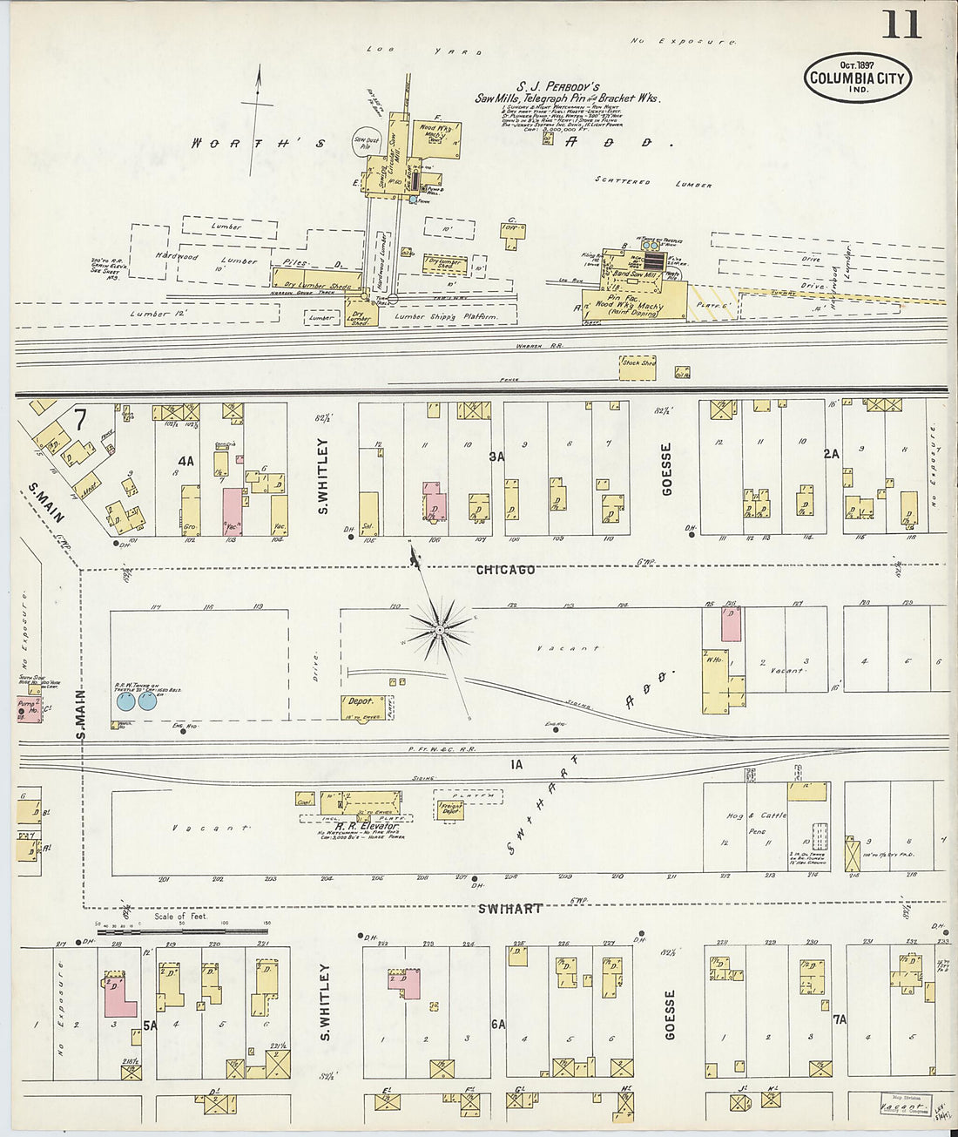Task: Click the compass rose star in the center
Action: (442, 626)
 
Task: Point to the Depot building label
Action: (361, 700)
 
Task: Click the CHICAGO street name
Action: (505, 570)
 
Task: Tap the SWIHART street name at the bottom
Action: (510, 909)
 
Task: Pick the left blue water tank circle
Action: (125, 701)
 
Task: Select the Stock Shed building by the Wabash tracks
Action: (638, 363)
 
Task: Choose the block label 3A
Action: (496, 455)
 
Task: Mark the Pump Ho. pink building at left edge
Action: (27, 709)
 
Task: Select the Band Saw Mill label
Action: (638, 274)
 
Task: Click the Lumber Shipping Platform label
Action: (446, 317)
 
